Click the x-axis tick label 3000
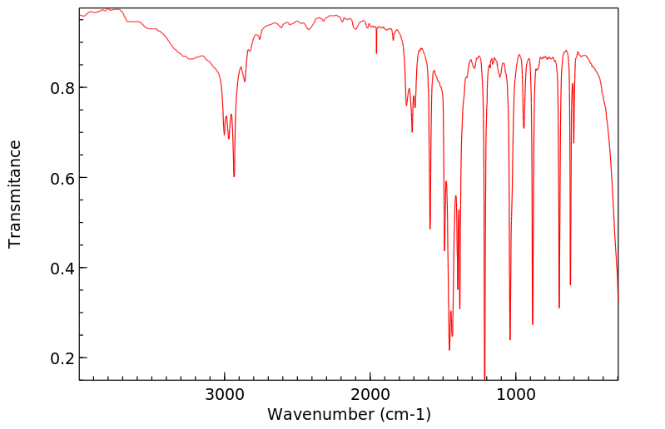coord(225,393)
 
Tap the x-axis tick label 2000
coord(370,393)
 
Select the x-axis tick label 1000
coord(516,393)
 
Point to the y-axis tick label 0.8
coord(62,88)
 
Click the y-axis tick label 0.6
coord(62,178)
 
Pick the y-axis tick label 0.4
coord(62,269)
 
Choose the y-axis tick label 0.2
coord(62,358)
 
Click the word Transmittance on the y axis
coord(15,194)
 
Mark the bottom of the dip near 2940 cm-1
coord(234,176)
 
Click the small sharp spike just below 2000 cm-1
coord(376,53)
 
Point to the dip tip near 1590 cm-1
coord(429,229)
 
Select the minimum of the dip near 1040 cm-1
coord(510,339)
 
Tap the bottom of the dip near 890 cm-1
coord(533,324)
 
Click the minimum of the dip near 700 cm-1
coord(559,308)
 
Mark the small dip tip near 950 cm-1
coord(524,128)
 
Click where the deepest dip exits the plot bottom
coord(485,379)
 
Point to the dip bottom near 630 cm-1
coord(570,284)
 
